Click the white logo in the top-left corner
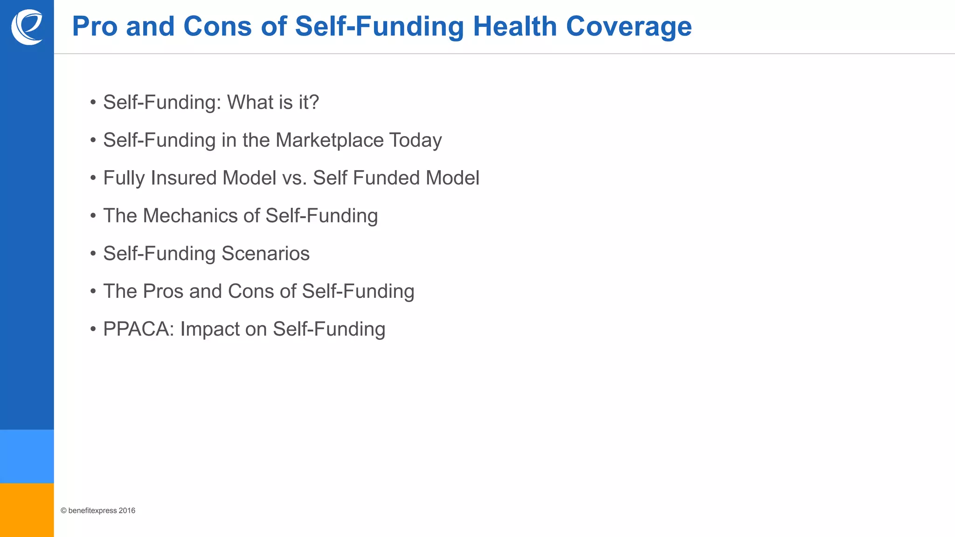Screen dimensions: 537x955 coord(27,27)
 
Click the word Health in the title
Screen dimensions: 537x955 coord(515,26)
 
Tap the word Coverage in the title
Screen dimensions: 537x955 coord(629,26)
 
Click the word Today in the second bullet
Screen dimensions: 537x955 coord(415,140)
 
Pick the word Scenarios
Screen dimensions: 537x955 coord(265,253)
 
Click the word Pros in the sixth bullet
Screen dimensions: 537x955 coord(163,291)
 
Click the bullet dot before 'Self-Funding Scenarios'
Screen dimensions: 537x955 coord(93,254)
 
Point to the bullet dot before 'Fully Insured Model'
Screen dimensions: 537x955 coord(93,178)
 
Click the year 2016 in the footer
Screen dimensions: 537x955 coord(127,510)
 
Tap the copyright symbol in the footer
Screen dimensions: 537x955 coord(63,510)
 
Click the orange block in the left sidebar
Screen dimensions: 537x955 coord(27,510)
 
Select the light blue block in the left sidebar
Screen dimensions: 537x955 coord(27,456)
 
